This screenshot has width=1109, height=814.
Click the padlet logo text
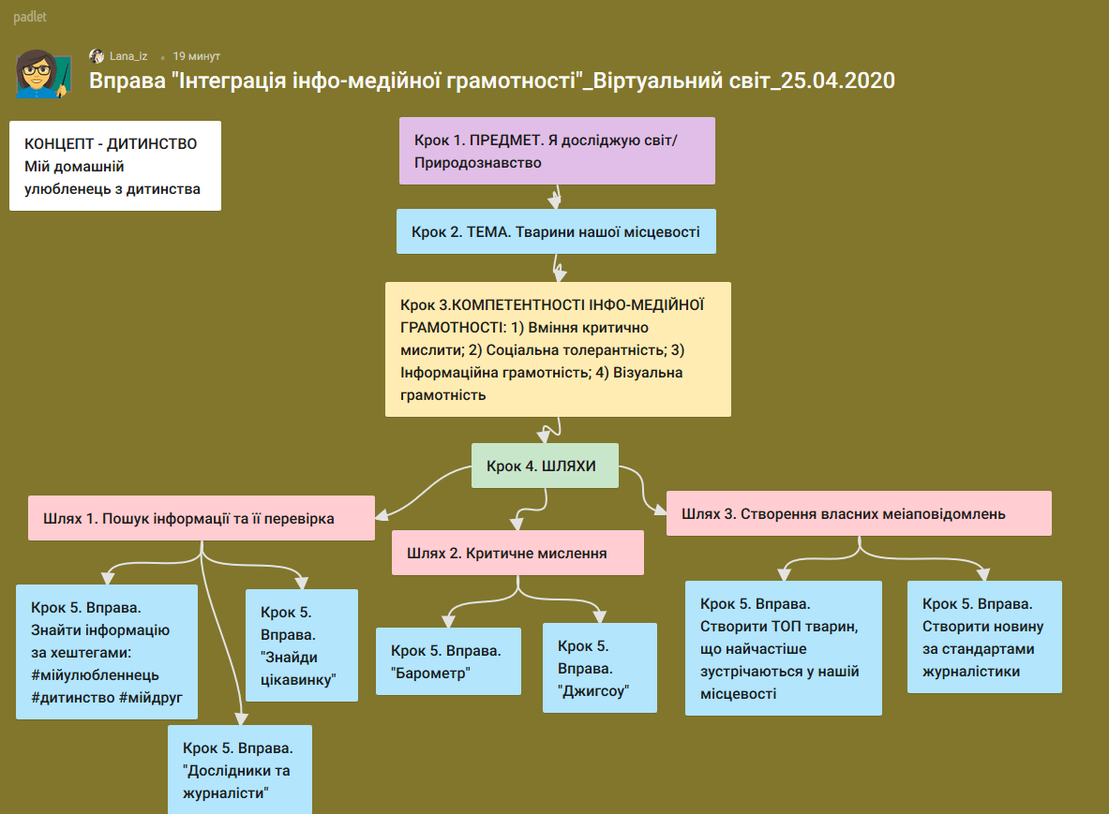pyautogui.click(x=30, y=17)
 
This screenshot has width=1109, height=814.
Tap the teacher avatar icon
pyautogui.click(x=43, y=75)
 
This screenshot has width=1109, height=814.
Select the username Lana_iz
pyautogui.click(x=127, y=56)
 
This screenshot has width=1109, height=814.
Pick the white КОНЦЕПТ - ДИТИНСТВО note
pyautogui.click(x=115, y=166)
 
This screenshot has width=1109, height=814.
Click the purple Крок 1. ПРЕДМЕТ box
pyautogui.click(x=557, y=151)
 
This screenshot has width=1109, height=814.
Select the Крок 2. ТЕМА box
pyautogui.click(x=556, y=231)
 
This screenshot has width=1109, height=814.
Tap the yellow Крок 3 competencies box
pyautogui.click(x=557, y=349)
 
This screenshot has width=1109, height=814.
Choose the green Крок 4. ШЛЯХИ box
pyautogui.click(x=545, y=466)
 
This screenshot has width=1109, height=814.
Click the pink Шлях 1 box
pyautogui.click(x=201, y=518)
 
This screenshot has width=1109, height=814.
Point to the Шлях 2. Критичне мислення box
pyautogui.click(x=517, y=553)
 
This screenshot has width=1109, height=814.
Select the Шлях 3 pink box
pyautogui.click(x=859, y=513)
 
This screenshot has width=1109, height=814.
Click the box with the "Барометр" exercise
pyautogui.click(x=448, y=661)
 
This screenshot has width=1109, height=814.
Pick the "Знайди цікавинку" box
pyautogui.click(x=301, y=645)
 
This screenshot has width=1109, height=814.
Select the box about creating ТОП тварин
pyautogui.click(x=783, y=648)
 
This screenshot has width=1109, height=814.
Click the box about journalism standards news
pyautogui.click(x=983, y=637)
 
